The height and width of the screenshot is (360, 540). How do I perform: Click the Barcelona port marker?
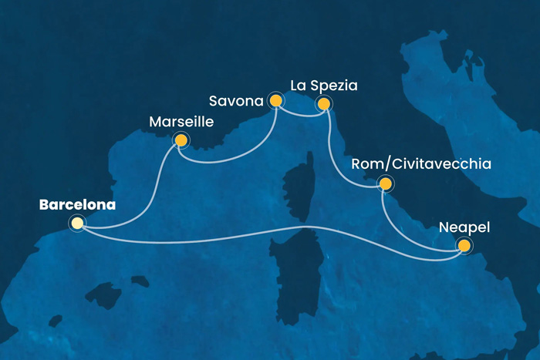point(76,224)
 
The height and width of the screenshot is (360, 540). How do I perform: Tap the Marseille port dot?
point(181,140)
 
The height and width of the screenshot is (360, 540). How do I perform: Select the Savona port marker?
point(275,100)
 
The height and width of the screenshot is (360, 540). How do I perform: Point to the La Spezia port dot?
point(324,103)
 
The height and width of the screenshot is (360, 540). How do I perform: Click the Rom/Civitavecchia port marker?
point(383,183)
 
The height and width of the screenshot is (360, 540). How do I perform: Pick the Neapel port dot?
point(464,246)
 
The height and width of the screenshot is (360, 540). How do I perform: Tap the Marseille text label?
point(181,122)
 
